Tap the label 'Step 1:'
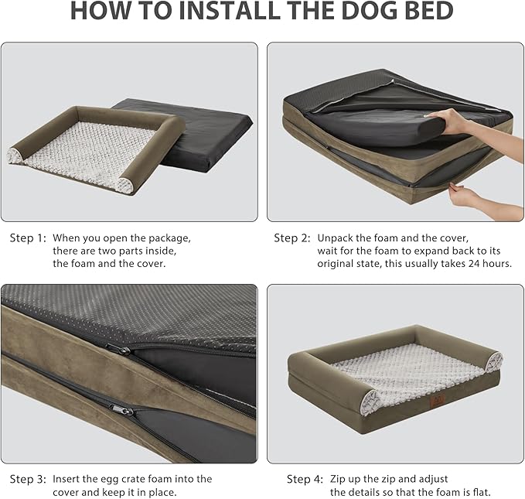tap(28, 238)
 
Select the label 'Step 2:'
tap(292, 238)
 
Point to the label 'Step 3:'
tap(28, 480)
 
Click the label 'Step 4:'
tap(305, 480)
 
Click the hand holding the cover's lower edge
tap(465, 194)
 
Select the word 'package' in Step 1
tap(169, 238)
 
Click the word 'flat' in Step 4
tap(480, 493)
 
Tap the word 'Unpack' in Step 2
tap(334, 238)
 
